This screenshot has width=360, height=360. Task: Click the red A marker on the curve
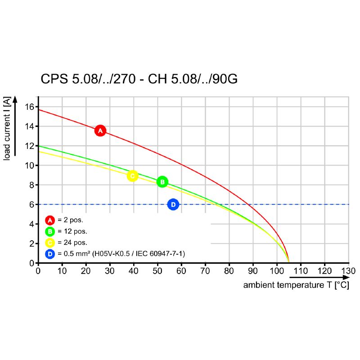100,130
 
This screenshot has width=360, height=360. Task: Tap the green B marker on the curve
162,182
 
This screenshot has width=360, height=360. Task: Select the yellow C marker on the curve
132,176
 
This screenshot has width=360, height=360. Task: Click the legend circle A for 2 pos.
49,220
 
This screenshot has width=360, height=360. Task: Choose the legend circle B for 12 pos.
49,231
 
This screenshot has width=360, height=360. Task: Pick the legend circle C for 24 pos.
49,243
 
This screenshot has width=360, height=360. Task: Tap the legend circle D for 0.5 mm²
49,254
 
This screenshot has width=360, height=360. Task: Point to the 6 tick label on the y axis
32,204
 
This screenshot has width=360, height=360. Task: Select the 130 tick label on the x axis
348,271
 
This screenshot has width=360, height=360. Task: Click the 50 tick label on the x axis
157,271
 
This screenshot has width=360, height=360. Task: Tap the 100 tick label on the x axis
276,271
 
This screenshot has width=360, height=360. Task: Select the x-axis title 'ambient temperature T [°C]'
296,285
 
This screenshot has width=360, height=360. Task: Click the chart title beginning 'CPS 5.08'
139,79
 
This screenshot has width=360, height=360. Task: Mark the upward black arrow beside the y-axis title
15,126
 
